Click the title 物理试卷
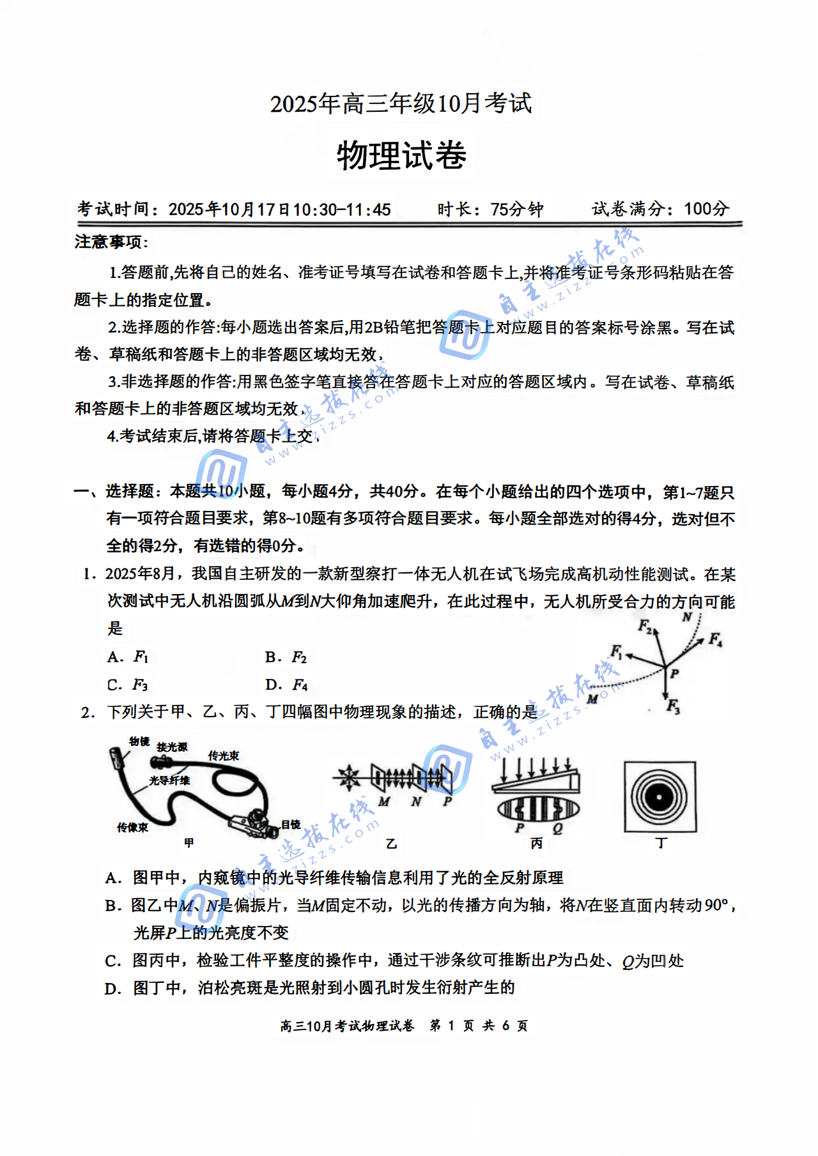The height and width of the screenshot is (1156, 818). point(401,156)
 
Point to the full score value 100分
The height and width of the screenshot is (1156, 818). point(706,209)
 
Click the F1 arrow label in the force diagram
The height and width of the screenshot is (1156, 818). point(616,651)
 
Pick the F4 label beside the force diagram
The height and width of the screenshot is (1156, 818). point(714,639)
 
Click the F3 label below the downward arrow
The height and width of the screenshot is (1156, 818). point(673,706)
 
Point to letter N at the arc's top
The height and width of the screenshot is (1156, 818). point(687,617)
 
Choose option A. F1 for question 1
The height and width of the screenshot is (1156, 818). point(128,657)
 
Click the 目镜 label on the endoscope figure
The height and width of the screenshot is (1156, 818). point(291,825)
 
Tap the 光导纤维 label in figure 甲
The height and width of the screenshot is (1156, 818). point(169,780)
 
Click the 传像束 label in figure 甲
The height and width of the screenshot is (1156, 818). point(132,828)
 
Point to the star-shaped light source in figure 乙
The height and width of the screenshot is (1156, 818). point(349,777)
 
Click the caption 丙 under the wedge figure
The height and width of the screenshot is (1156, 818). point(536,844)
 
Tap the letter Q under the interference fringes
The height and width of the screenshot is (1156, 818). point(557,828)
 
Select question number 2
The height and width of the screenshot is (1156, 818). point(88,713)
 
